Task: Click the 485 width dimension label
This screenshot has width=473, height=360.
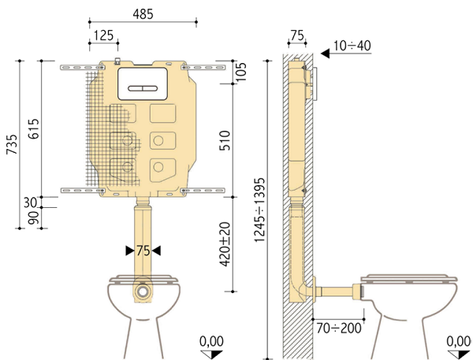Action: coord(143,14)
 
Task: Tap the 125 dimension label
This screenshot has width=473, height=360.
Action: coord(103,35)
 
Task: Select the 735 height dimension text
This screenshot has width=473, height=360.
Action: coord(13,144)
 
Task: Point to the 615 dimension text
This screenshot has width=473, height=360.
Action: coord(33,128)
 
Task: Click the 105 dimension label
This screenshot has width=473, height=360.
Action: coord(241,72)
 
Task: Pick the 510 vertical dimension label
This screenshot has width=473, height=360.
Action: coord(225,140)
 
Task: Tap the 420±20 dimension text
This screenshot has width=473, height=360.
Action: coord(225,244)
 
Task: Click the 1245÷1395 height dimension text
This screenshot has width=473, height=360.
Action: coord(259,210)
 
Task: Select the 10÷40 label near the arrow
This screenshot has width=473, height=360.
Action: coord(352,46)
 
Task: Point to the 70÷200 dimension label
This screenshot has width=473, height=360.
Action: coord(339,328)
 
